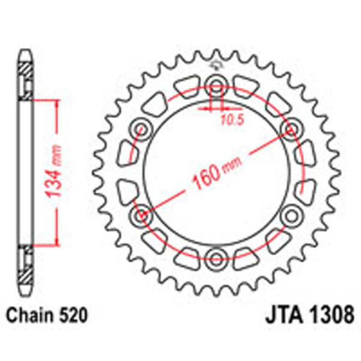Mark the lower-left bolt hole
pos(141,215)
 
